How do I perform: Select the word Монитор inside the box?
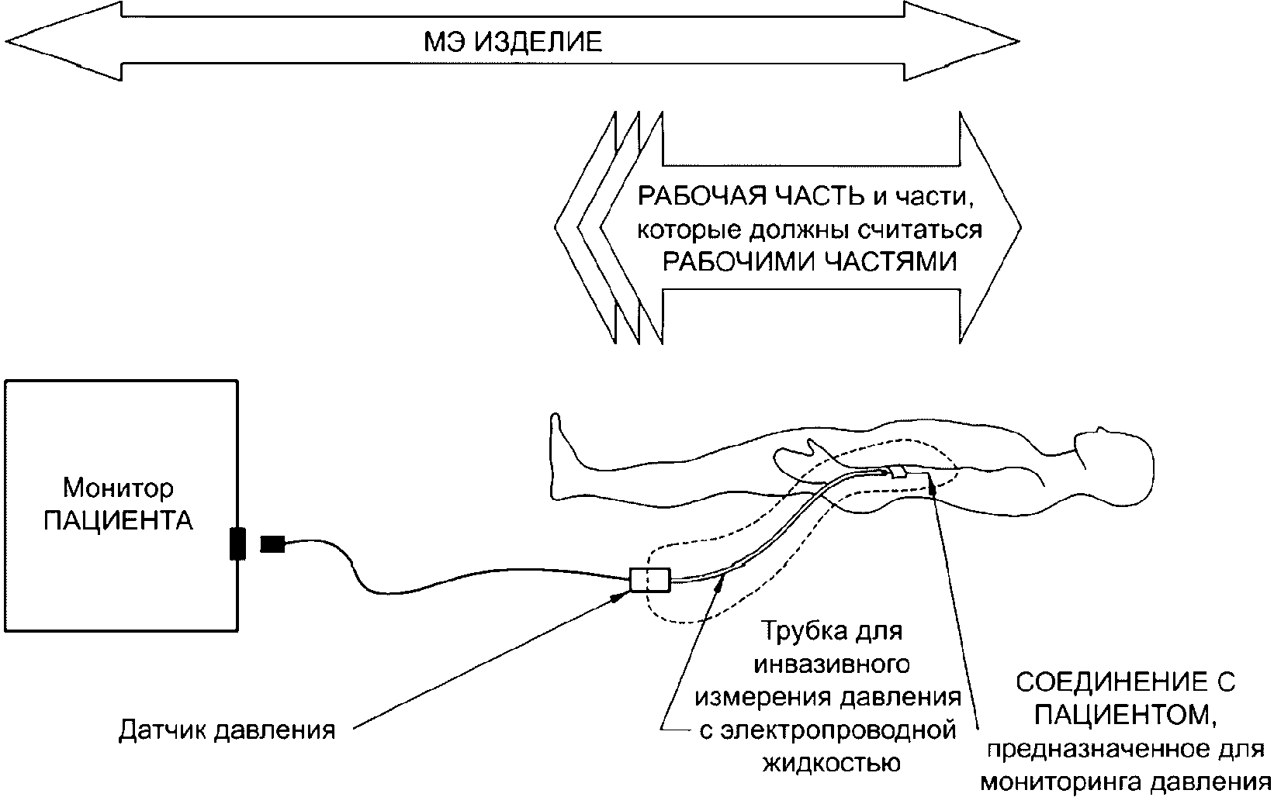tap(118, 488)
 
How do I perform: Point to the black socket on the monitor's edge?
tap(237, 543)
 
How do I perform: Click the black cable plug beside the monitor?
tap(272, 544)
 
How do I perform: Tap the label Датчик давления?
tap(227, 730)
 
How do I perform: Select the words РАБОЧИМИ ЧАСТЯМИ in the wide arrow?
tap(808, 261)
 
